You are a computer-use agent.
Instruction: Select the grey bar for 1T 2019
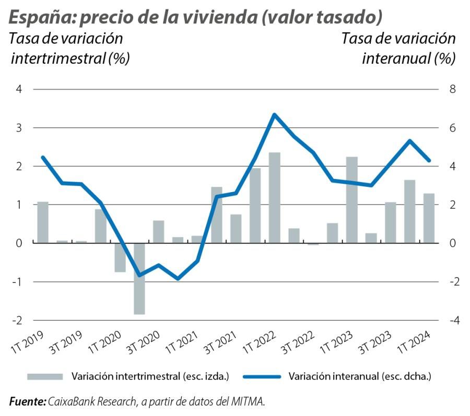pyautogui.click(x=43, y=222)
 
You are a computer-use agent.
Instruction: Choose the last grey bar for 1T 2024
pyautogui.click(x=429, y=218)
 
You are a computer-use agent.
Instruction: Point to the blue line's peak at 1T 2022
pyautogui.click(x=275, y=114)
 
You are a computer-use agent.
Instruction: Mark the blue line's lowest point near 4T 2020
pyautogui.click(x=178, y=279)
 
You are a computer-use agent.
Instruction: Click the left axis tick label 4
pyautogui.click(x=19, y=89)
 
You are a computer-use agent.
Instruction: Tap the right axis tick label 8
pyautogui.click(x=453, y=89)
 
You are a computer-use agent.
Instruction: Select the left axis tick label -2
pyautogui.click(x=18, y=320)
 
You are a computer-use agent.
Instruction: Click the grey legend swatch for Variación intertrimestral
pyautogui.click(x=45, y=376)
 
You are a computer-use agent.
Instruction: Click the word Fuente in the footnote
pyautogui.click(x=27, y=401)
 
